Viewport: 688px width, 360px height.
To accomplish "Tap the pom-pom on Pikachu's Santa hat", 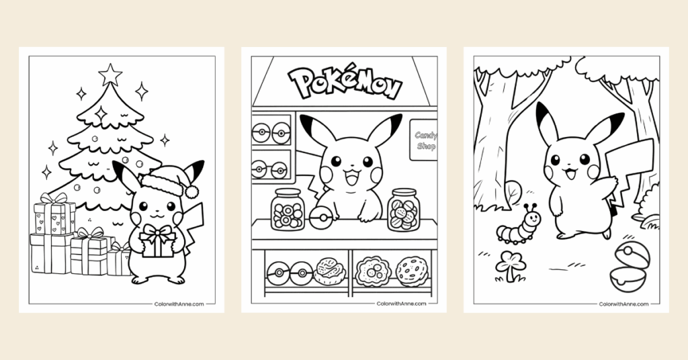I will [191, 191].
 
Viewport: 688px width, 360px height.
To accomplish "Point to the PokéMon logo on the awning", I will [345, 84].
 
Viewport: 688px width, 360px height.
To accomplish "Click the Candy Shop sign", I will [424, 140].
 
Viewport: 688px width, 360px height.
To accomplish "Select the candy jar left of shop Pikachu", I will [288, 210].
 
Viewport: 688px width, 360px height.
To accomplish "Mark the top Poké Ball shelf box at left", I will [271, 132].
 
